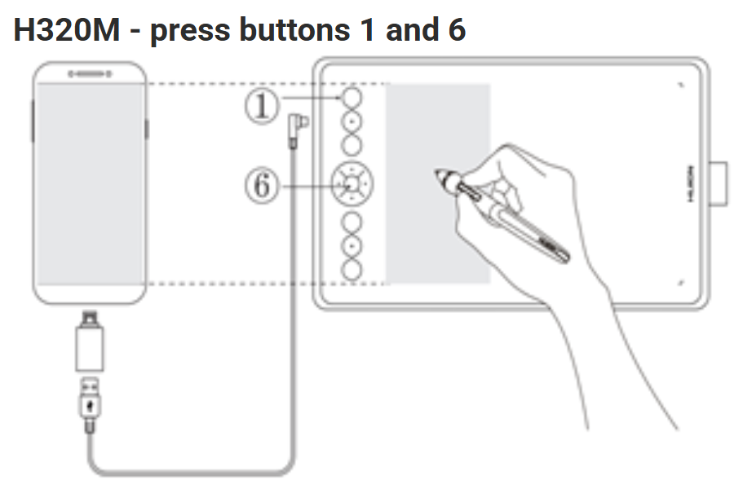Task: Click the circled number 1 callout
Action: click(262, 107)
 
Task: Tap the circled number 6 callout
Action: click(262, 186)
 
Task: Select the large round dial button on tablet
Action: click(352, 184)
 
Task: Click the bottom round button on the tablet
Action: click(352, 269)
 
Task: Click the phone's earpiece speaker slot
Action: click(90, 73)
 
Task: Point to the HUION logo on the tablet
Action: click(690, 184)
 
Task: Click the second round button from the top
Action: click(352, 121)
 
